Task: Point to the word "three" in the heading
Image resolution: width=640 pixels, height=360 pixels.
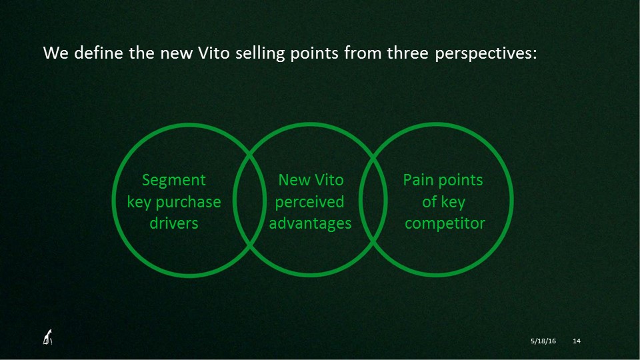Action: (x=407, y=53)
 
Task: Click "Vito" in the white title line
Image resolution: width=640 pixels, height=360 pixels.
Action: (x=214, y=53)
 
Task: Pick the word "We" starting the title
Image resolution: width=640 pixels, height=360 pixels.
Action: (x=56, y=53)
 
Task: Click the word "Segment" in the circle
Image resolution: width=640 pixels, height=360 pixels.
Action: (x=174, y=181)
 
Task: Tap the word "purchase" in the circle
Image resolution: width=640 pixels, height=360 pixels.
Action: (x=188, y=203)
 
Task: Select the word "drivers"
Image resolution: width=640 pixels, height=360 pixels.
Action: (x=174, y=223)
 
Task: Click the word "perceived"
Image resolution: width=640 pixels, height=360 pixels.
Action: (x=309, y=203)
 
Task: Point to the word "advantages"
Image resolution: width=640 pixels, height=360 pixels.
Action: (x=310, y=224)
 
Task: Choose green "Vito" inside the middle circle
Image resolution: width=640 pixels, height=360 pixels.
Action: (x=329, y=180)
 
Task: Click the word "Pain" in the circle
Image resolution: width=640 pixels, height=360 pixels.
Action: (x=417, y=180)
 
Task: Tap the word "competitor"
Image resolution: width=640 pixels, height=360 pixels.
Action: (x=445, y=224)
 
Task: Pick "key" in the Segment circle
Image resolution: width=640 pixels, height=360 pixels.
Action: (x=139, y=203)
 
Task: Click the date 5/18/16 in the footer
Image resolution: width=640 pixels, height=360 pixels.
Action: (x=543, y=341)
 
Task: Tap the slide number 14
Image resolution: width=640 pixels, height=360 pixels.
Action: (x=576, y=341)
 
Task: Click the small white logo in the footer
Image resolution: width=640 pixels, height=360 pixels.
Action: (x=48, y=337)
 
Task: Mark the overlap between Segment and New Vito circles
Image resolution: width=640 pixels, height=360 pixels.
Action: (x=250, y=200)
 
